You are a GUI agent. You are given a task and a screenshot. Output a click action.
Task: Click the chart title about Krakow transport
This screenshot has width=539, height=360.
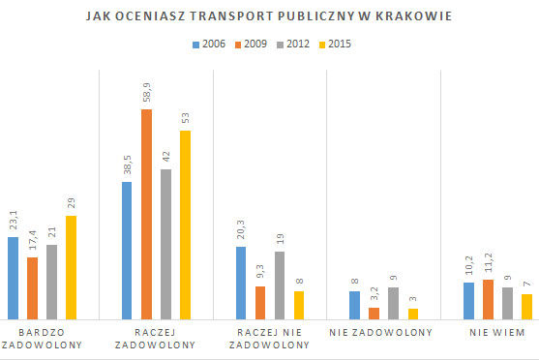click(x=269, y=16)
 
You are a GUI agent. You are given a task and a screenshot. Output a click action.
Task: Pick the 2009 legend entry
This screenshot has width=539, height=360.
click(x=255, y=45)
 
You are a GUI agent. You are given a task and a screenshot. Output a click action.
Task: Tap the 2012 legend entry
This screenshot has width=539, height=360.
click(x=297, y=45)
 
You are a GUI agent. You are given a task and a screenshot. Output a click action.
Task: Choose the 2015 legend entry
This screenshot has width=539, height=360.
click(x=339, y=45)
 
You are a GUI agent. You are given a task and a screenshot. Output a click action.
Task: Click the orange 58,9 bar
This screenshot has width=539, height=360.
click(x=146, y=213)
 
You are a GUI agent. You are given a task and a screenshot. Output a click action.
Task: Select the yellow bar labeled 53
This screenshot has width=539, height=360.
click(x=185, y=225)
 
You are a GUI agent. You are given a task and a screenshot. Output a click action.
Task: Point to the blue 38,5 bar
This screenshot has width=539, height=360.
click(x=127, y=250)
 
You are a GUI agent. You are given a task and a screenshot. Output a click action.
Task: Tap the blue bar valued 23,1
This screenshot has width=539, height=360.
click(x=13, y=277)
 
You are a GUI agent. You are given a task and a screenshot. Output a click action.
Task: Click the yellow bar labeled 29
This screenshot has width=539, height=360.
click(x=71, y=266)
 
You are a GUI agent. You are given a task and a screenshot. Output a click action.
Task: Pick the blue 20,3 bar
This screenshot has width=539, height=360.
click(x=241, y=282)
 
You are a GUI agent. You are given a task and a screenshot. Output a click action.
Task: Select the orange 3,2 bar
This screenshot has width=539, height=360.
click(x=374, y=313)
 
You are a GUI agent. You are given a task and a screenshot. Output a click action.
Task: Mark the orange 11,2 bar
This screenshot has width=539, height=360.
click(x=489, y=298)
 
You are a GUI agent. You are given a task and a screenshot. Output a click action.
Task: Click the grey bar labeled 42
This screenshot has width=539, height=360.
click(x=165, y=244)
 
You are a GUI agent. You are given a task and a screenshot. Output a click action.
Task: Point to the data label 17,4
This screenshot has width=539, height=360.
click(x=32, y=239)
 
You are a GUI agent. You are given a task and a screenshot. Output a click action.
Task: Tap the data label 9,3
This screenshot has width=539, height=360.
click(x=260, y=270)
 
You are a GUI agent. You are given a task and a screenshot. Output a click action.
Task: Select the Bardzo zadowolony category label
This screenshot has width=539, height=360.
click(x=42, y=339)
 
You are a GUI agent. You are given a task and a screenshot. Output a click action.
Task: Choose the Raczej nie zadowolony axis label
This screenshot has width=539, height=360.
click(x=269, y=339)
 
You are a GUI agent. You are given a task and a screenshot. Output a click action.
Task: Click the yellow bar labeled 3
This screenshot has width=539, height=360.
click(x=413, y=313)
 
